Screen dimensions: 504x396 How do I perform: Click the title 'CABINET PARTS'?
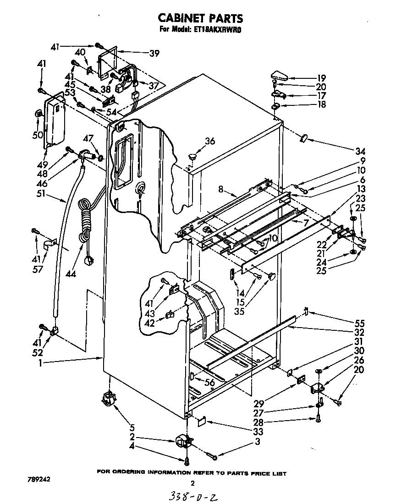(200, 18)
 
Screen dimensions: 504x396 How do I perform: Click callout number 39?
(154, 53)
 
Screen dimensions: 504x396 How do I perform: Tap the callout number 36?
(209, 141)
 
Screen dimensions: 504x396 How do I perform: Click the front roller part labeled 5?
(109, 398)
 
